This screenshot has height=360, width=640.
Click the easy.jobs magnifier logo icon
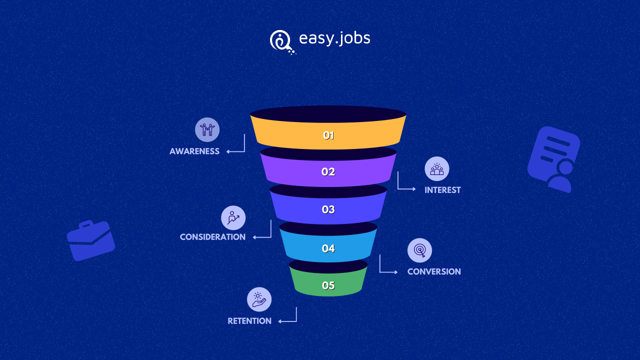pyautogui.click(x=281, y=41)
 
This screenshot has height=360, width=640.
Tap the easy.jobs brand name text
pyautogui.click(x=334, y=38)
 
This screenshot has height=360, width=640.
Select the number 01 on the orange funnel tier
pyautogui.click(x=328, y=135)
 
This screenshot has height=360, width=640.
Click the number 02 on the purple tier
pyautogui.click(x=328, y=171)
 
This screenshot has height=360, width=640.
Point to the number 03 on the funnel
pyautogui.click(x=328, y=209)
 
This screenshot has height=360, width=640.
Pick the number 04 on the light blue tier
pyautogui.click(x=328, y=248)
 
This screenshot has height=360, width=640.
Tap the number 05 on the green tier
pyautogui.click(x=328, y=285)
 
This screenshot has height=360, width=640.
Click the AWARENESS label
pyautogui.click(x=194, y=151)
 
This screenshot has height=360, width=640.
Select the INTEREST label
pyautogui.click(x=442, y=190)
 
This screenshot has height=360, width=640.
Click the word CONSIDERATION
pyautogui.click(x=212, y=237)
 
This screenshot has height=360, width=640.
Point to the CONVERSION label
pyautogui.click(x=434, y=271)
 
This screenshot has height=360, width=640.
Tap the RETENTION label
pyautogui.click(x=249, y=321)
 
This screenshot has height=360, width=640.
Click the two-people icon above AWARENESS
pyautogui.click(x=207, y=129)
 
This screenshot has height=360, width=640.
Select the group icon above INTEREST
pyautogui.click(x=437, y=168)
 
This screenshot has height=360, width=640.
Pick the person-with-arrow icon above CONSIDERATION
pyautogui.click(x=233, y=217)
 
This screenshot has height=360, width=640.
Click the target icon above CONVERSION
pyautogui.click(x=419, y=250)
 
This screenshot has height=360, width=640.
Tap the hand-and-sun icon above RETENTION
pyautogui.click(x=259, y=299)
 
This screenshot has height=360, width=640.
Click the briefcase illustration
pyautogui.click(x=91, y=240)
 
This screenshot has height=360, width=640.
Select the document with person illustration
pyautogui.click(x=553, y=159)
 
